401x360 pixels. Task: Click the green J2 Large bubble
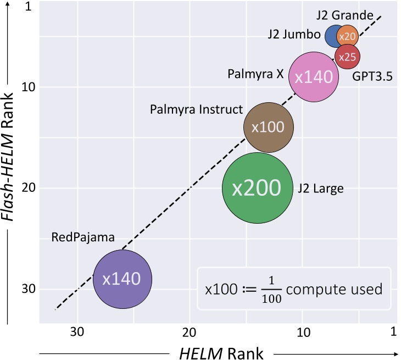click(x=257, y=187)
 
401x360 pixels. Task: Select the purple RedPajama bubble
click(x=122, y=279)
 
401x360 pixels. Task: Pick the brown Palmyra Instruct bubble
click(x=268, y=127)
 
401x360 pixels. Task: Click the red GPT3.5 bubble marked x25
click(x=347, y=57)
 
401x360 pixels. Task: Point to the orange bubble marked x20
click(x=348, y=36)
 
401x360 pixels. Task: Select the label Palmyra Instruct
click(x=196, y=109)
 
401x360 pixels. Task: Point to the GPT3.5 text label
click(x=372, y=76)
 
